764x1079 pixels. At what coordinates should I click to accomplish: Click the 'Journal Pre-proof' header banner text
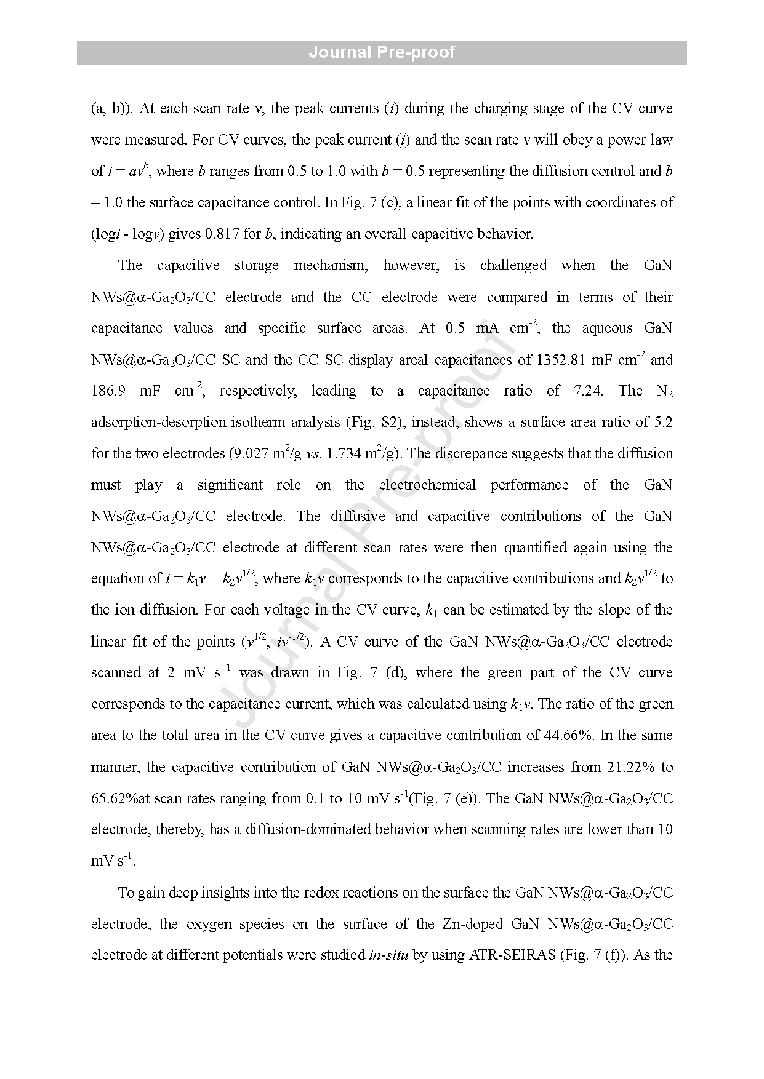pyautogui.click(x=382, y=52)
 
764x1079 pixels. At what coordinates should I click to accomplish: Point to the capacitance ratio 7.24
pyautogui.click(x=587, y=391)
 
